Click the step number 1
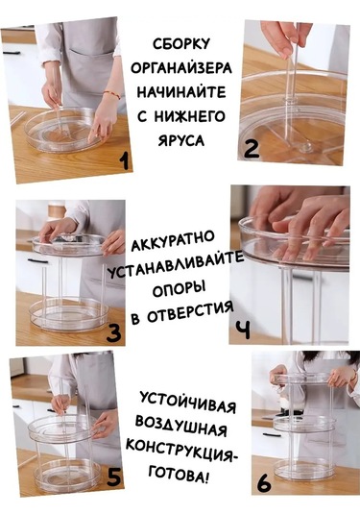(x=124, y=161)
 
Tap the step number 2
(x=252, y=149)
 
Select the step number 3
(x=113, y=334)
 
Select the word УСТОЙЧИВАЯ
(x=184, y=396)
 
